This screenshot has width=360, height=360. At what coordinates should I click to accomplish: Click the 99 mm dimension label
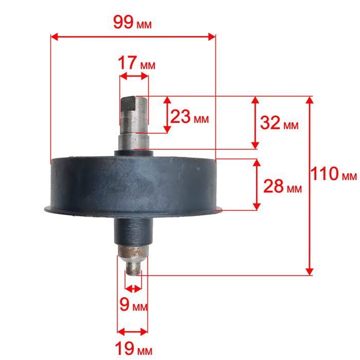click(132, 23)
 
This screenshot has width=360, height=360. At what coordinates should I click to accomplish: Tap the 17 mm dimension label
click(136, 63)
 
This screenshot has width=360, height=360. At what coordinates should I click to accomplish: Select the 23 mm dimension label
click(189, 117)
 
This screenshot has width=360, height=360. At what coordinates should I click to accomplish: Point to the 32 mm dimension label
click(279, 122)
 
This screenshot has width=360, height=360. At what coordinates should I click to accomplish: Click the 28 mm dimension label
click(282, 186)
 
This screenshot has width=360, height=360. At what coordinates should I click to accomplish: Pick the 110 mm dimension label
click(334, 174)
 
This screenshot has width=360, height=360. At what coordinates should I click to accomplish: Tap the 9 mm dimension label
click(133, 304)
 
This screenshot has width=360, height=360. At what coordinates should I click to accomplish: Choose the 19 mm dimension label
click(133, 349)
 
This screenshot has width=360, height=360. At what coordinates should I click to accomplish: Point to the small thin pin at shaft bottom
click(133, 268)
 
